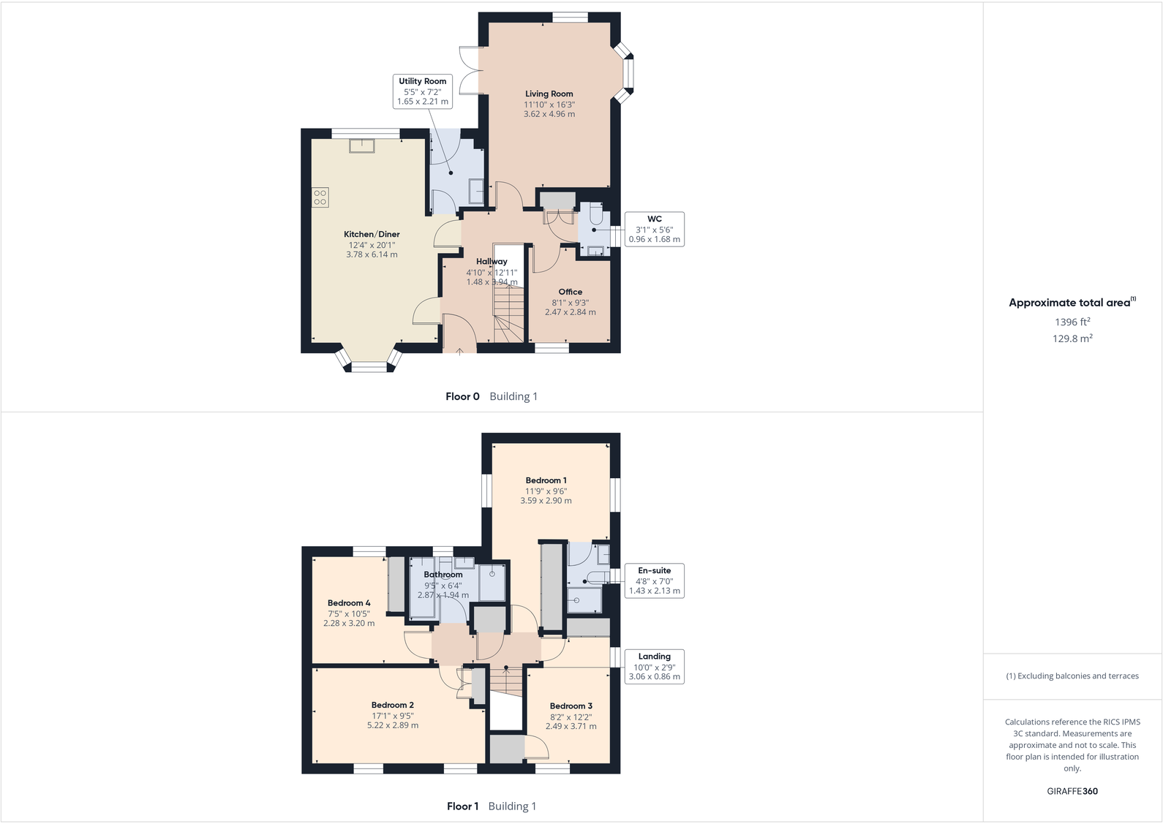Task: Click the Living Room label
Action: (x=549, y=94)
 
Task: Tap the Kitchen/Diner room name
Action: (x=372, y=235)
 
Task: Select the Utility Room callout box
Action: (x=422, y=91)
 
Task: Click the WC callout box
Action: (x=654, y=229)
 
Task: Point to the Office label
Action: (x=570, y=292)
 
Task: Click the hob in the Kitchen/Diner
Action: (x=320, y=197)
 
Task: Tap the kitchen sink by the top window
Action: (x=362, y=145)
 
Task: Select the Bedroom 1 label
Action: (x=546, y=480)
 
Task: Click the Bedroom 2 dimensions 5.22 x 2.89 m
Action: (x=393, y=725)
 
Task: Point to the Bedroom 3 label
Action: (x=571, y=706)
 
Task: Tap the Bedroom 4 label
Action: (x=348, y=603)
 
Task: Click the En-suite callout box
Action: (x=654, y=581)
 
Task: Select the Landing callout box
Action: (x=654, y=666)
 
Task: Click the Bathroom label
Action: (x=443, y=575)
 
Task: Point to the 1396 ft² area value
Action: (x=1072, y=322)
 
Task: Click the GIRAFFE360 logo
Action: (x=1072, y=791)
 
